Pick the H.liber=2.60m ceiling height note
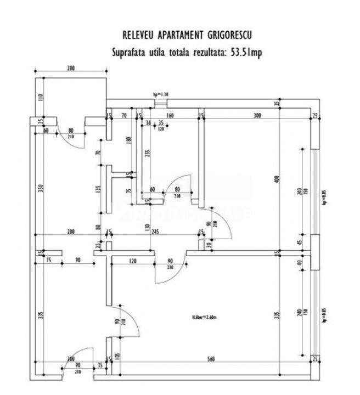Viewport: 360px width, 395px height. pyautogui.click(x=204, y=317)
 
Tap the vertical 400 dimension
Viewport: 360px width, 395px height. pyautogui.click(x=278, y=179)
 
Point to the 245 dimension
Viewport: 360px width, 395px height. pyautogui.click(x=156, y=232)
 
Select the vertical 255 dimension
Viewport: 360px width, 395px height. pyautogui.click(x=147, y=154)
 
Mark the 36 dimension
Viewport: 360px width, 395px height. pyautogui.click(x=148, y=123)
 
